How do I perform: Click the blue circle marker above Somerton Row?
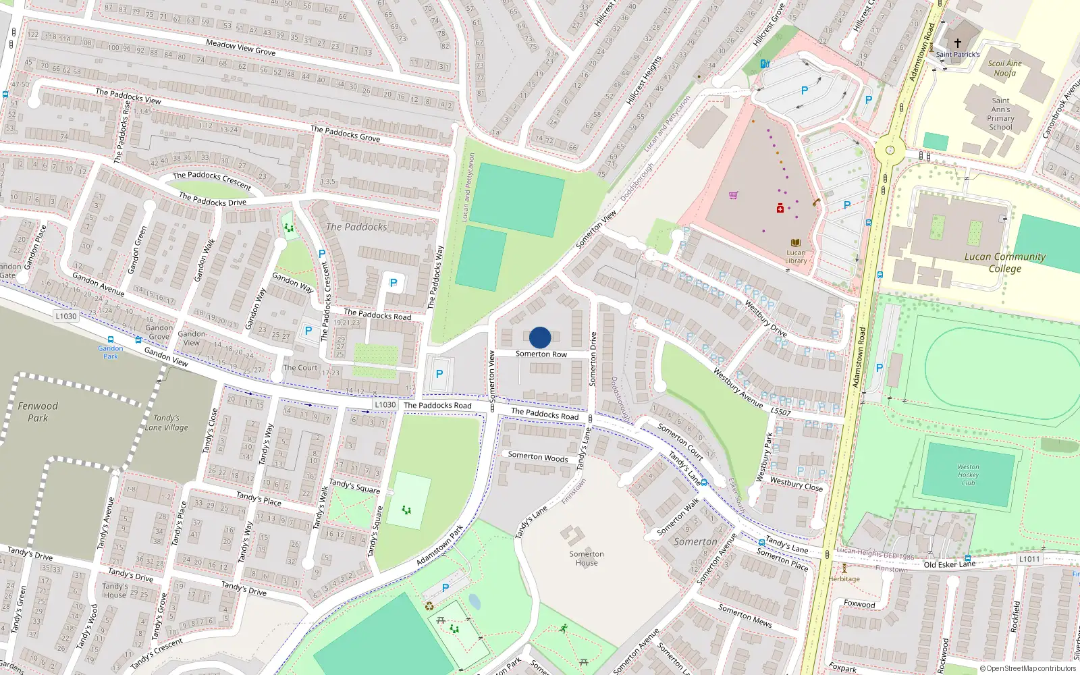(540, 337)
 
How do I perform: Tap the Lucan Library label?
(796, 256)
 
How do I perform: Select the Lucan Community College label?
(1005, 262)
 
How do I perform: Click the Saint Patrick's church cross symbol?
(957, 43)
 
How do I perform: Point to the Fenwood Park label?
(38, 412)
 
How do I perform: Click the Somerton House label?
(587, 558)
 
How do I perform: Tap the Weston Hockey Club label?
(968, 475)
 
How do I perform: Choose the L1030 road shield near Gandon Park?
(66, 316)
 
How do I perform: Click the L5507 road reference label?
(780, 411)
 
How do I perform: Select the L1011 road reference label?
(1029, 559)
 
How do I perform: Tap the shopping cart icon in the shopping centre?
(733, 196)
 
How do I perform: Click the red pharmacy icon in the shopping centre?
(780, 209)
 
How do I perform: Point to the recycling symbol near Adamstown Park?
(429, 605)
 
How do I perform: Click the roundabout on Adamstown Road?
(890, 151)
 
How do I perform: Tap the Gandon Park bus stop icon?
(111, 340)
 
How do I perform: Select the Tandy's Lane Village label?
(166, 423)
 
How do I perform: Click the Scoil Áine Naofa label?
(1004, 68)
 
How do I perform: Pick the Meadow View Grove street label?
(241, 47)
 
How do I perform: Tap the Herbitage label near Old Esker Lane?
(844, 578)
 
